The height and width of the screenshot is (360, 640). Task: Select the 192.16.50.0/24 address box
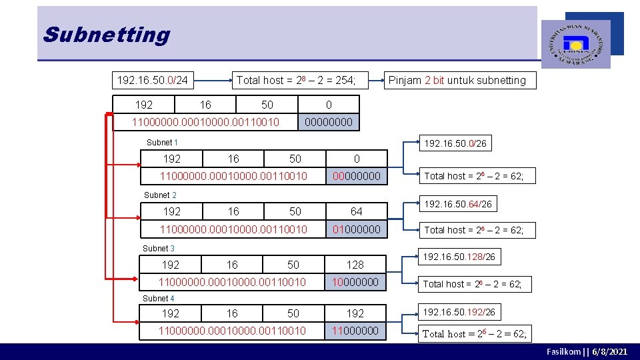click(x=153, y=81)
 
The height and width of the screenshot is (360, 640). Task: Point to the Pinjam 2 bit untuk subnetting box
click(x=457, y=81)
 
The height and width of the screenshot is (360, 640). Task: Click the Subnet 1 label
click(x=162, y=143)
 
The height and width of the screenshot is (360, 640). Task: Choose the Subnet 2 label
click(x=161, y=195)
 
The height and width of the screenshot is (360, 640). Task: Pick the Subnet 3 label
click(x=159, y=249)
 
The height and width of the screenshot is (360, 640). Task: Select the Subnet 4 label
click(x=159, y=299)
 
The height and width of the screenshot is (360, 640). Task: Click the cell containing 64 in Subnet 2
click(x=357, y=211)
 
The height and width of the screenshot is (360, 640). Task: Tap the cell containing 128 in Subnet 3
click(x=355, y=265)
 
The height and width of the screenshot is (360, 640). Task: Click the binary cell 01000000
click(x=357, y=229)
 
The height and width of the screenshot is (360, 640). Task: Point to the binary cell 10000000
click(x=355, y=282)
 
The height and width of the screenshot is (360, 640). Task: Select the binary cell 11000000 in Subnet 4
click(x=355, y=331)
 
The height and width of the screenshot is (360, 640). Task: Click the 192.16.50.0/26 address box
click(x=455, y=143)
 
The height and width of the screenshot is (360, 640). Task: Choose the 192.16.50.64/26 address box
click(x=458, y=204)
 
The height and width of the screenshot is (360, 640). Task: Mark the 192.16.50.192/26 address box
click(x=459, y=312)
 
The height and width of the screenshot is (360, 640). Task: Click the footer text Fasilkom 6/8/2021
click(x=587, y=351)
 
